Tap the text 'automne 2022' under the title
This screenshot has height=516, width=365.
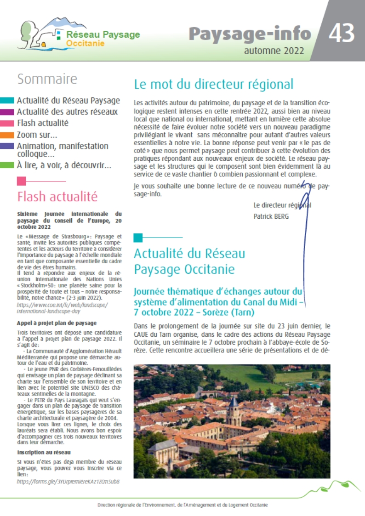click(274, 51)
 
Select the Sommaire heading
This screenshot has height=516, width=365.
click(47, 79)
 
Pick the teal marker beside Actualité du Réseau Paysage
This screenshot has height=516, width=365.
click(7, 101)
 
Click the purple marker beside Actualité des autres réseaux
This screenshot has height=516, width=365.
click(7, 112)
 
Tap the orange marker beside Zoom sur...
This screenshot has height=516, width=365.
click(7, 135)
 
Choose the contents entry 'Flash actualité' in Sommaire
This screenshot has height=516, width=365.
click(42, 123)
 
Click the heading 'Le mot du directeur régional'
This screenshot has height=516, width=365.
click(213, 85)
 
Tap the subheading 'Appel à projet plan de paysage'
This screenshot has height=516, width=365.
click(57, 323)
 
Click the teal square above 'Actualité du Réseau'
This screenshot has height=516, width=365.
click(138, 238)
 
